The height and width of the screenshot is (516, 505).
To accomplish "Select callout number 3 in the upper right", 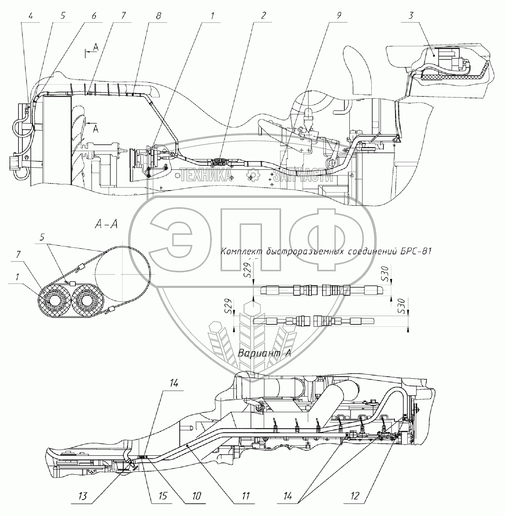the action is tap(411, 16).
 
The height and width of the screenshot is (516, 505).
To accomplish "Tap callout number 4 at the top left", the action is tap(31, 16).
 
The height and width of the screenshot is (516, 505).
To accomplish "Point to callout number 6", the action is tap(93, 16).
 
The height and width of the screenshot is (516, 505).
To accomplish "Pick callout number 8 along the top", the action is tap(158, 16).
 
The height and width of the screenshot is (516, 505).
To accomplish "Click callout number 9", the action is tap(339, 16).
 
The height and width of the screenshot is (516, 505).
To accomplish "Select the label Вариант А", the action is tap(264, 353).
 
